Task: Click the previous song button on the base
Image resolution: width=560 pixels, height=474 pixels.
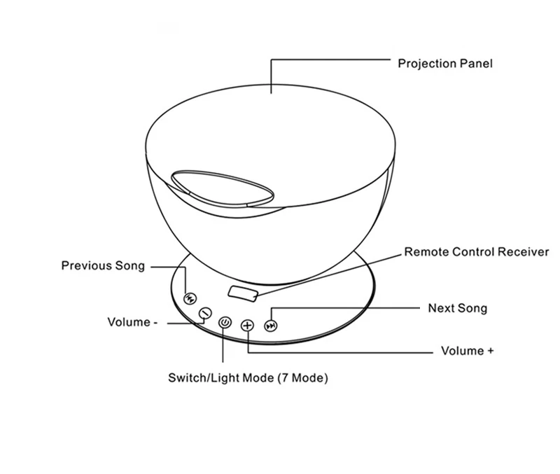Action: [x=190, y=299]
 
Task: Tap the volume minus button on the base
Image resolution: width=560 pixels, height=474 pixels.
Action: [x=205, y=313]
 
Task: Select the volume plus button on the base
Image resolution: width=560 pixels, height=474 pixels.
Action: [x=247, y=326]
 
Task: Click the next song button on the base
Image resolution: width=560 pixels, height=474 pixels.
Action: [x=271, y=326]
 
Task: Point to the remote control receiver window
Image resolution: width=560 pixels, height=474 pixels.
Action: [x=243, y=293]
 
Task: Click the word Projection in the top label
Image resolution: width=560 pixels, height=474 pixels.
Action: [x=427, y=64]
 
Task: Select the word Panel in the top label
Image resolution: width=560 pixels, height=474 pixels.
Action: [x=476, y=64]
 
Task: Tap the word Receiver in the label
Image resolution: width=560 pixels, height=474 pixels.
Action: [x=523, y=252]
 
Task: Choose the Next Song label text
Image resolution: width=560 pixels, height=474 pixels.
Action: [x=458, y=309]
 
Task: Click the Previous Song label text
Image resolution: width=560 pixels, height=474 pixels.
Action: [x=103, y=266]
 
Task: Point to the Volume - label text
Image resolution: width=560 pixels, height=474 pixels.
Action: [x=132, y=322]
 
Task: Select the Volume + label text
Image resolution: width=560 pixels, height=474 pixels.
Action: [x=467, y=351]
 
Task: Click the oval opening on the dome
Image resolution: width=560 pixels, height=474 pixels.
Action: [x=223, y=188]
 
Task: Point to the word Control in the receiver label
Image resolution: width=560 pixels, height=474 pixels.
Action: [x=473, y=252]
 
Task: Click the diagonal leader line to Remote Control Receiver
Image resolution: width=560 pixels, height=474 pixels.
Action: [x=329, y=275]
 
